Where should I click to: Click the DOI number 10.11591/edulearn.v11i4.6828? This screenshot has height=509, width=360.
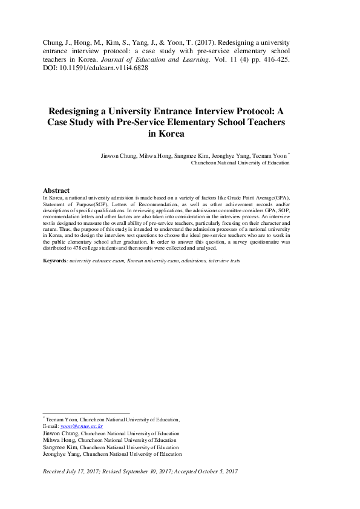[x=99, y=68]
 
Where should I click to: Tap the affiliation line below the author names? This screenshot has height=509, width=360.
[x=240, y=163]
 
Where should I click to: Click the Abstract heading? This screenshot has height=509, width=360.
[x=56, y=190]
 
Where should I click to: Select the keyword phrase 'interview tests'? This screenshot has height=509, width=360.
[x=224, y=261]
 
